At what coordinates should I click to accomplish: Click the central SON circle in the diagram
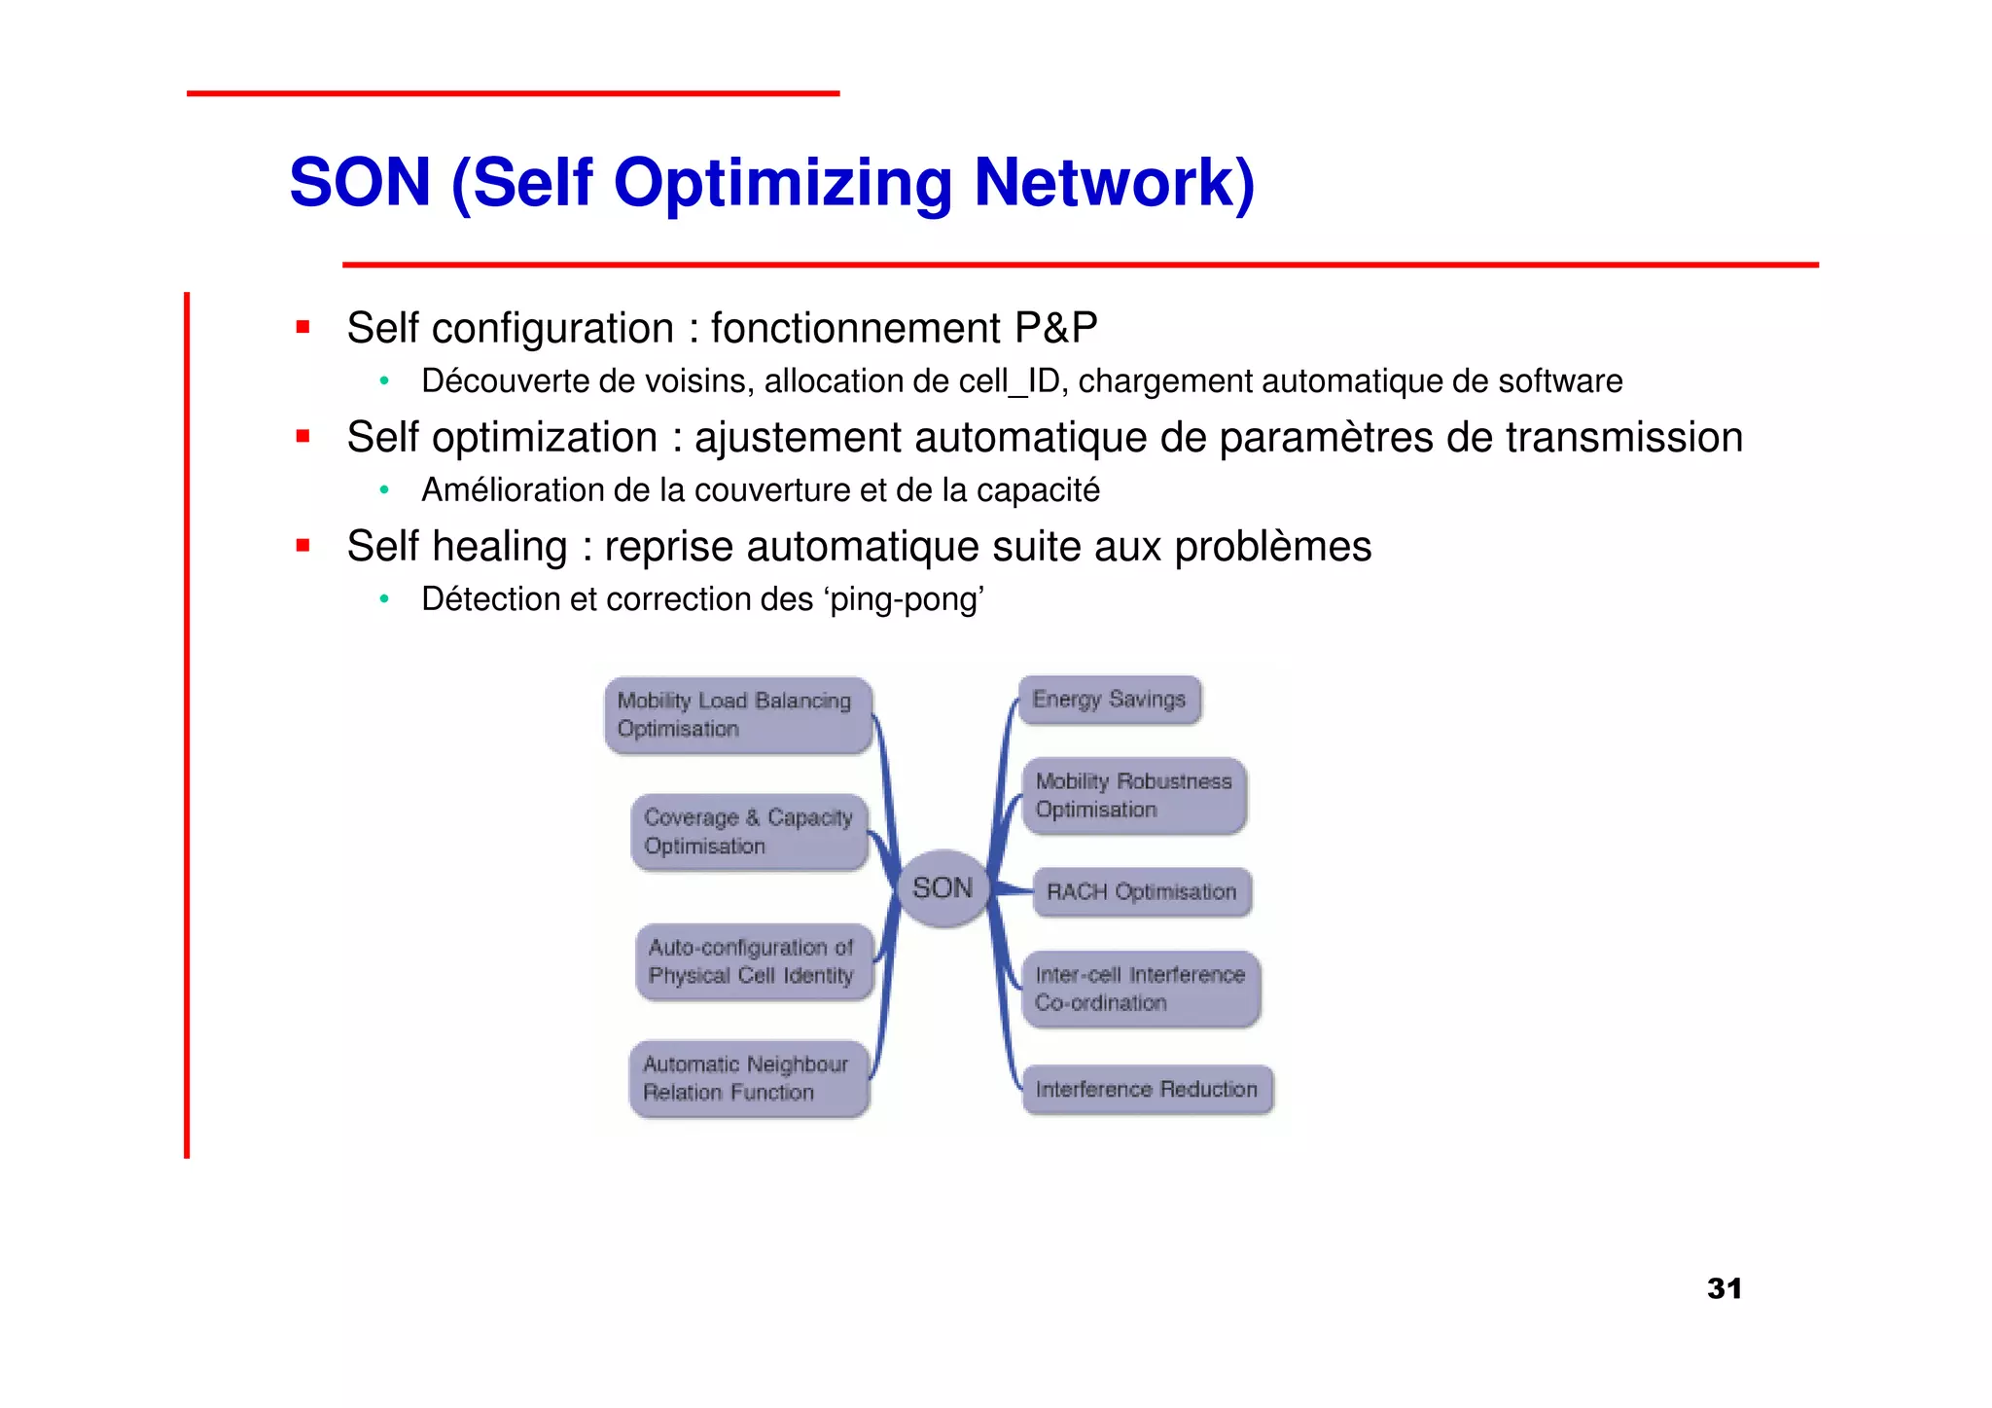tap(942, 887)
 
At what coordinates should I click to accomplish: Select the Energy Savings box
tap(1109, 700)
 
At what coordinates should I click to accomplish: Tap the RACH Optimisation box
tap(1141, 892)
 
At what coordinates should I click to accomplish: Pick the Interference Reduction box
tap(1147, 1090)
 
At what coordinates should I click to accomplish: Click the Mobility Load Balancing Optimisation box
tap(737, 715)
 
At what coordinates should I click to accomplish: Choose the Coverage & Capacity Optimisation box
tap(749, 832)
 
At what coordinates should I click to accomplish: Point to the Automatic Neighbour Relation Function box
tap(748, 1078)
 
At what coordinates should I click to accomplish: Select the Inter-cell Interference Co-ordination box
tap(1140, 989)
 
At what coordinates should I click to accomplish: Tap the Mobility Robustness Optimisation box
tap(1134, 796)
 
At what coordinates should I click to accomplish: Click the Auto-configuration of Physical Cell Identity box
tap(753, 961)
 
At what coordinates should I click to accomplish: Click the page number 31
tap(1724, 1288)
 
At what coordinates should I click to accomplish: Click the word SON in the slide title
tap(360, 183)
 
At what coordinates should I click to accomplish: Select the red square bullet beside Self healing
tap(303, 546)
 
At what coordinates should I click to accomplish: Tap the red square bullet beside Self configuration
tap(303, 328)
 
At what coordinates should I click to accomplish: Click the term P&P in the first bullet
tap(1055, 328)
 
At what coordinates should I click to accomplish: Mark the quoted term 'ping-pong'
tap(905, 599)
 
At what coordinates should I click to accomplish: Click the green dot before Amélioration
tap(385, 490)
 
